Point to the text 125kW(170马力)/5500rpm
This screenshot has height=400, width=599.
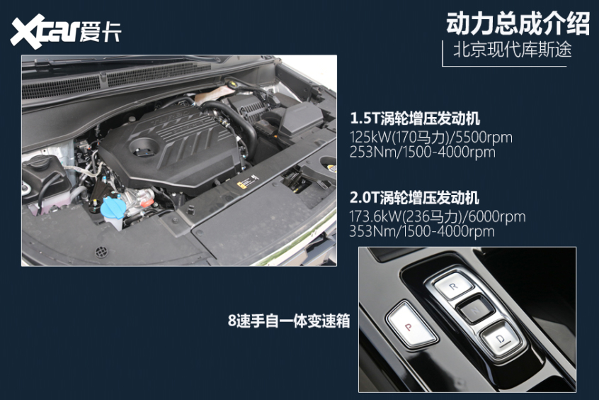(430, 137)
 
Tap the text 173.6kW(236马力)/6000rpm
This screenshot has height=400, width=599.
(437, 217)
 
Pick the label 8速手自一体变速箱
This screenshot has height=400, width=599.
(289, 321)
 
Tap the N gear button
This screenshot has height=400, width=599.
(472, 310)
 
